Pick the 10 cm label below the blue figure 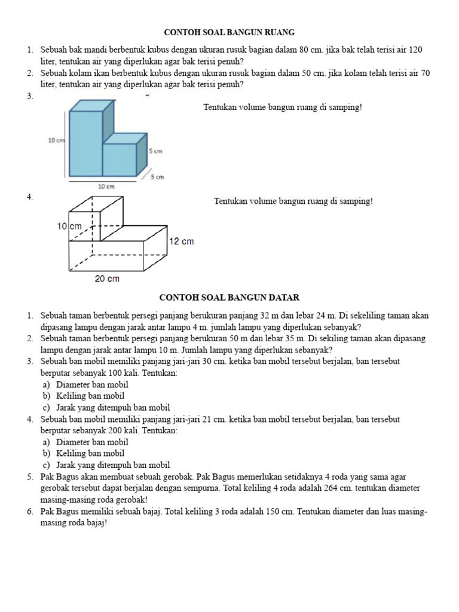click(x=106, y=186)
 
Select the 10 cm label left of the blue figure click(x=56, y=140)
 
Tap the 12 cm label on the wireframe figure click(x=182, y=241)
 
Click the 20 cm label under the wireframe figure click(x=107, y=279)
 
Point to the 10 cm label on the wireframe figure click(x=69, y=227)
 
